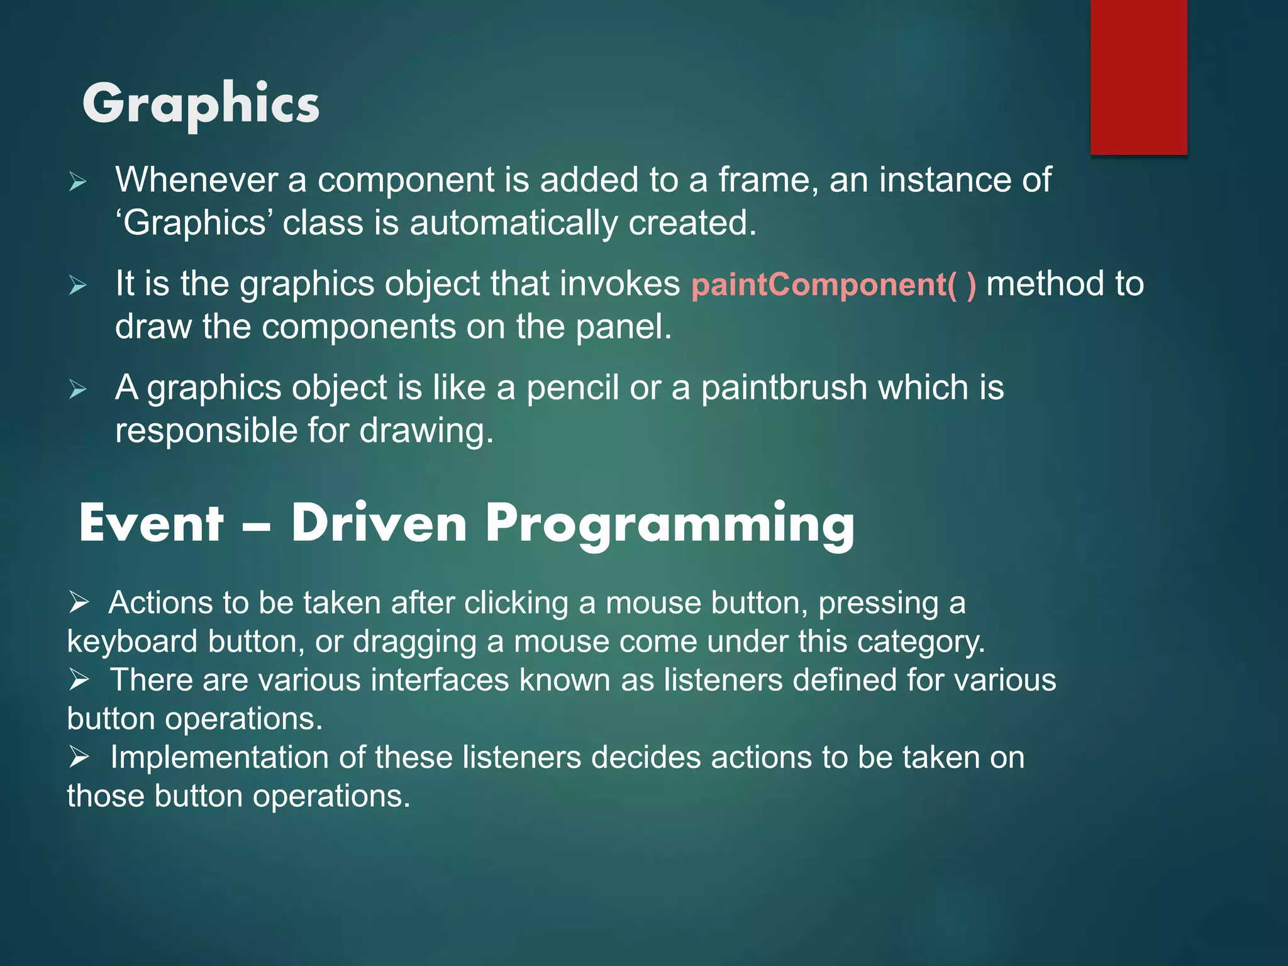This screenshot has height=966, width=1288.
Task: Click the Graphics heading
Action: point(201,104)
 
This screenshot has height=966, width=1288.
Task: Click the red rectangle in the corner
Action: point(1138,77)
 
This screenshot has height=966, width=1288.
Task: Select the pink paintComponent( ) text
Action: point(833,285)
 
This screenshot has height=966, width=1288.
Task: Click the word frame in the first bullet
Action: point(767,180)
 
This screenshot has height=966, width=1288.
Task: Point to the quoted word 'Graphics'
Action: point(194,223)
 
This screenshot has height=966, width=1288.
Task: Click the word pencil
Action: point(572,387)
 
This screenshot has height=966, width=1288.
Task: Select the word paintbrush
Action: point(784,387)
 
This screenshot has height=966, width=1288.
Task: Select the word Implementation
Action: point(219,757)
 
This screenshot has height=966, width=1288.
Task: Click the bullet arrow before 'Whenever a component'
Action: point(78,182)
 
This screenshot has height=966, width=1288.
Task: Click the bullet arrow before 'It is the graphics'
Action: point(78,286)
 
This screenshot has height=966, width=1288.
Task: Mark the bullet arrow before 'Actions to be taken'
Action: point(79,602)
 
